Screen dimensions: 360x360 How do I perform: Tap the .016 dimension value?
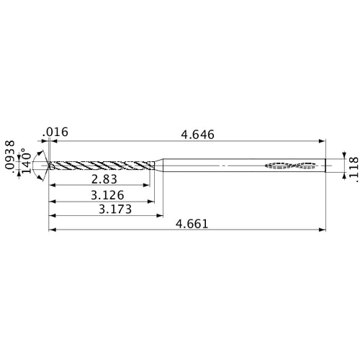pos(55,131)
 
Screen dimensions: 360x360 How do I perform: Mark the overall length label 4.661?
pos(192,223)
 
